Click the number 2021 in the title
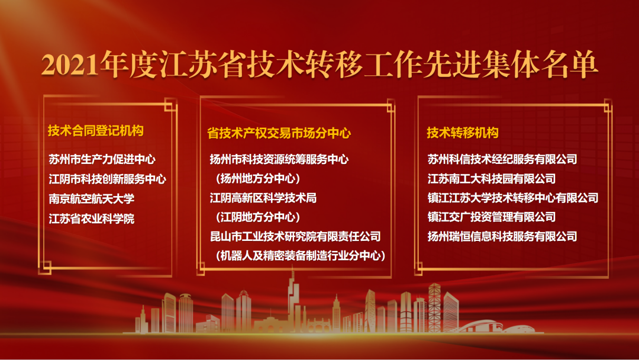click(71, 65)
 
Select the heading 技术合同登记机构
click(95, 131)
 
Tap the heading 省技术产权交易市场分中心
click(279, 133)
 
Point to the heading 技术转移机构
click(462, 133)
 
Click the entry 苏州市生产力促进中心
click(102, 159)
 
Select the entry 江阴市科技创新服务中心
click(107, 179)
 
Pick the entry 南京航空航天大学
click(91, 199)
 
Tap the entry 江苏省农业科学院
click(91, 219)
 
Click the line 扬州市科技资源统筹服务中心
click(279, 159)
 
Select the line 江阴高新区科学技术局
click(263, 198)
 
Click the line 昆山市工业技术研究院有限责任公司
click(295, 237)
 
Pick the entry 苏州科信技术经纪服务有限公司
click(502, 159)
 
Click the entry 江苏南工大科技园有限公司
click(491, 179)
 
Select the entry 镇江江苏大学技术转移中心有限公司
click(513, 198)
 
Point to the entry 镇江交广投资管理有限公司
click(491, 217)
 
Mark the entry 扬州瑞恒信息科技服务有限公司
click(502, 237)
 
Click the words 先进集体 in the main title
click(481, 64)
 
